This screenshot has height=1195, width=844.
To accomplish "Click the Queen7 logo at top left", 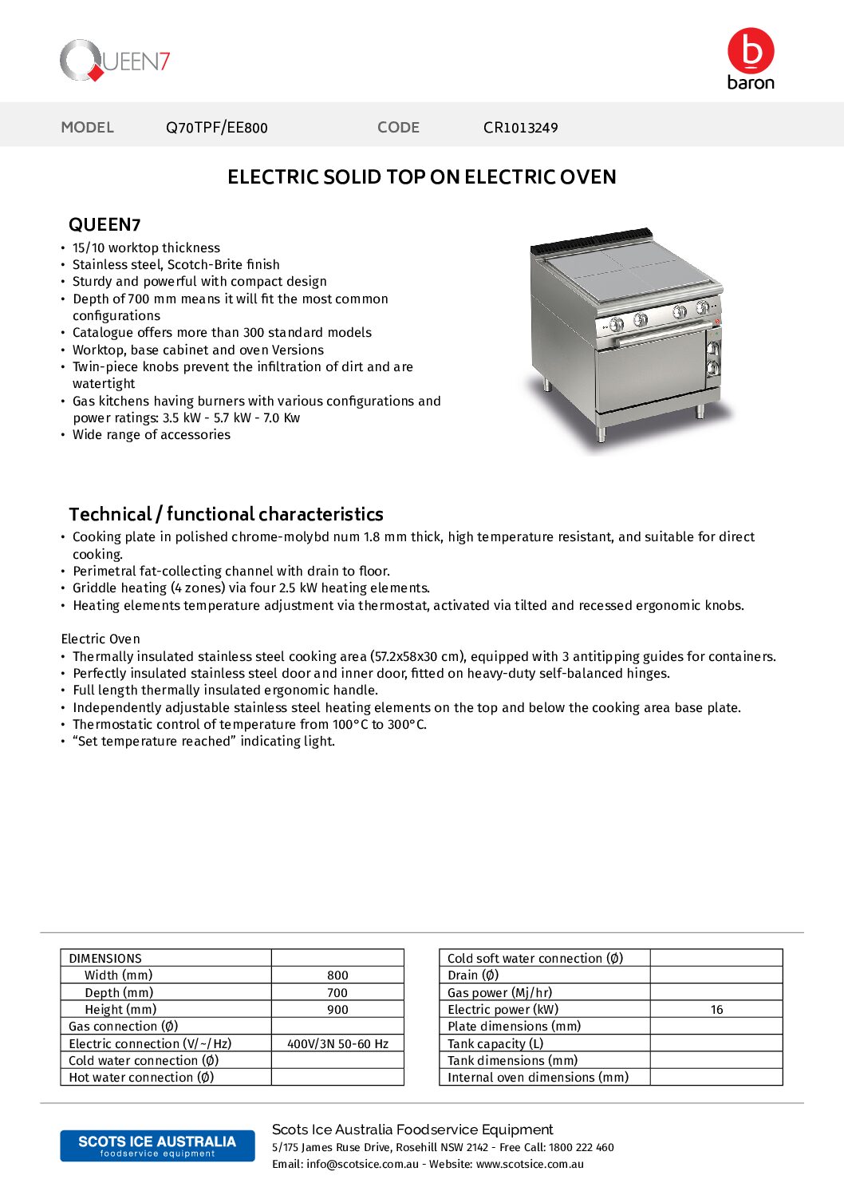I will [x=115, y=61].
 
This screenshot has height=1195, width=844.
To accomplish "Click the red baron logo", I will [x=751, y=57].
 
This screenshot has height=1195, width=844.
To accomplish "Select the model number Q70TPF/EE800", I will [x=216, y=128].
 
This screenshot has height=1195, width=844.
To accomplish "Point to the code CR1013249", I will [x=520, y=128].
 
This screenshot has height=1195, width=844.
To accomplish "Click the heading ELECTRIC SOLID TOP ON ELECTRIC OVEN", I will [x=421, y=177].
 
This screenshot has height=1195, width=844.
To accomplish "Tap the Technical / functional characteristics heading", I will [x=226, y=514].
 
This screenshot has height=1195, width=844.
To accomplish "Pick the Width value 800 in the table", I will [x=337, y=975].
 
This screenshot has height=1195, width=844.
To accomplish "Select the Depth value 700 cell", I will [x=337, y=993].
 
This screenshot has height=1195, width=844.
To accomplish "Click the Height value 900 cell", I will [x=337, y=1010].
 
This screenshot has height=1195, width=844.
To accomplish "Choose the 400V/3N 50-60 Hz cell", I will [x=337, y=1044].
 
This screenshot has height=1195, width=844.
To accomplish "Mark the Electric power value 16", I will [x=716, y=1010].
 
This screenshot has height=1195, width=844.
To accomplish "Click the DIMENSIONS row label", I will [x=105, y=959].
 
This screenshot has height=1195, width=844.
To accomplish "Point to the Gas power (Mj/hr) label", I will [x=499, y=993].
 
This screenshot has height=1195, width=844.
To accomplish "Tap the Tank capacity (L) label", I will [x=495, y=1044].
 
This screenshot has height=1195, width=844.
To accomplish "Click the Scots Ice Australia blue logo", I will [x=157, y=1146].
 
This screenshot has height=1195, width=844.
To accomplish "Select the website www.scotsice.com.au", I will [x=530, y=1165].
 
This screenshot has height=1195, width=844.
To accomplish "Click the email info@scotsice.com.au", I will [x=362, y=1165].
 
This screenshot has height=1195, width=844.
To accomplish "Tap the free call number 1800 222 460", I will [x=581, y=1148].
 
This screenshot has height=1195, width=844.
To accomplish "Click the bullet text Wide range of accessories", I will [x=152, y=435].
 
